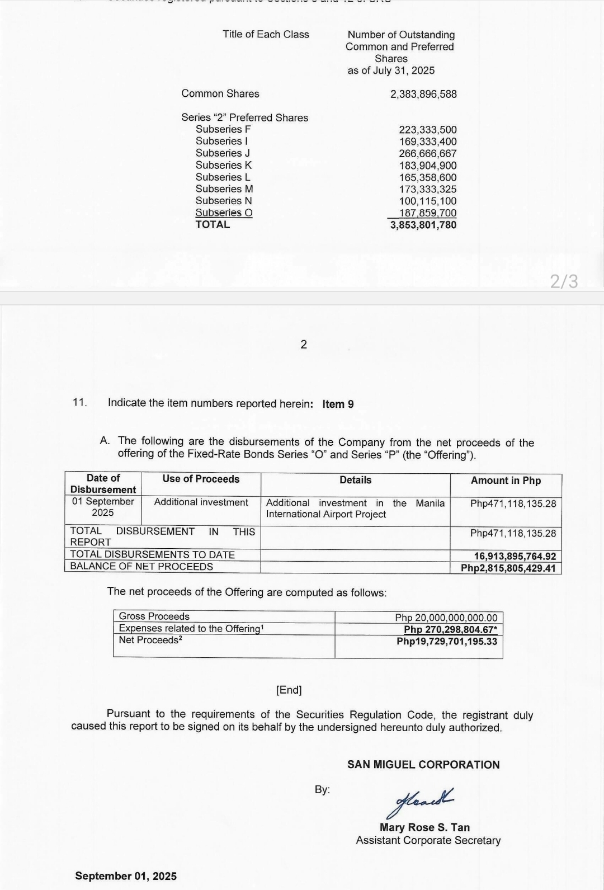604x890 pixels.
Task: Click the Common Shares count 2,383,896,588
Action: pos(423,94)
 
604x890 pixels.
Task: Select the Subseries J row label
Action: pos(223,153)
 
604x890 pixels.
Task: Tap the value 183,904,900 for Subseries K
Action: pos(427,166)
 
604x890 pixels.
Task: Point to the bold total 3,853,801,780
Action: pos(423,225)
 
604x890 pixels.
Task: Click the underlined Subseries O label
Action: pos(224,213)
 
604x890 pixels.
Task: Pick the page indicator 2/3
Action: pos(564,281)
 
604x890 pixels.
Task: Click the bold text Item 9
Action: pos(338,404)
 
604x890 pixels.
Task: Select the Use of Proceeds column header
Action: pos(201,479)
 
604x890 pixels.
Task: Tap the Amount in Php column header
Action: pos(506,481)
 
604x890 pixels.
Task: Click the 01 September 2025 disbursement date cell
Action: pos(103,507)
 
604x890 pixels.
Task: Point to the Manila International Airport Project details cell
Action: pos(355,508)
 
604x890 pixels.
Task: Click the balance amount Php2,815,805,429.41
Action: pos(508,568)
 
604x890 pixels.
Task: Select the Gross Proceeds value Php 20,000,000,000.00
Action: pos(446,618)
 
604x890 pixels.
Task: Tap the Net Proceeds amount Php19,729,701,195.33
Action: pos(446,641)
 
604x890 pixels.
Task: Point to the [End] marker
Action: pos(289,690)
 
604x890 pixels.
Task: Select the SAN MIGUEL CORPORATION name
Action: pos(423,765)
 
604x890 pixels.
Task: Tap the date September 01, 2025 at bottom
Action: pos(126,876)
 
